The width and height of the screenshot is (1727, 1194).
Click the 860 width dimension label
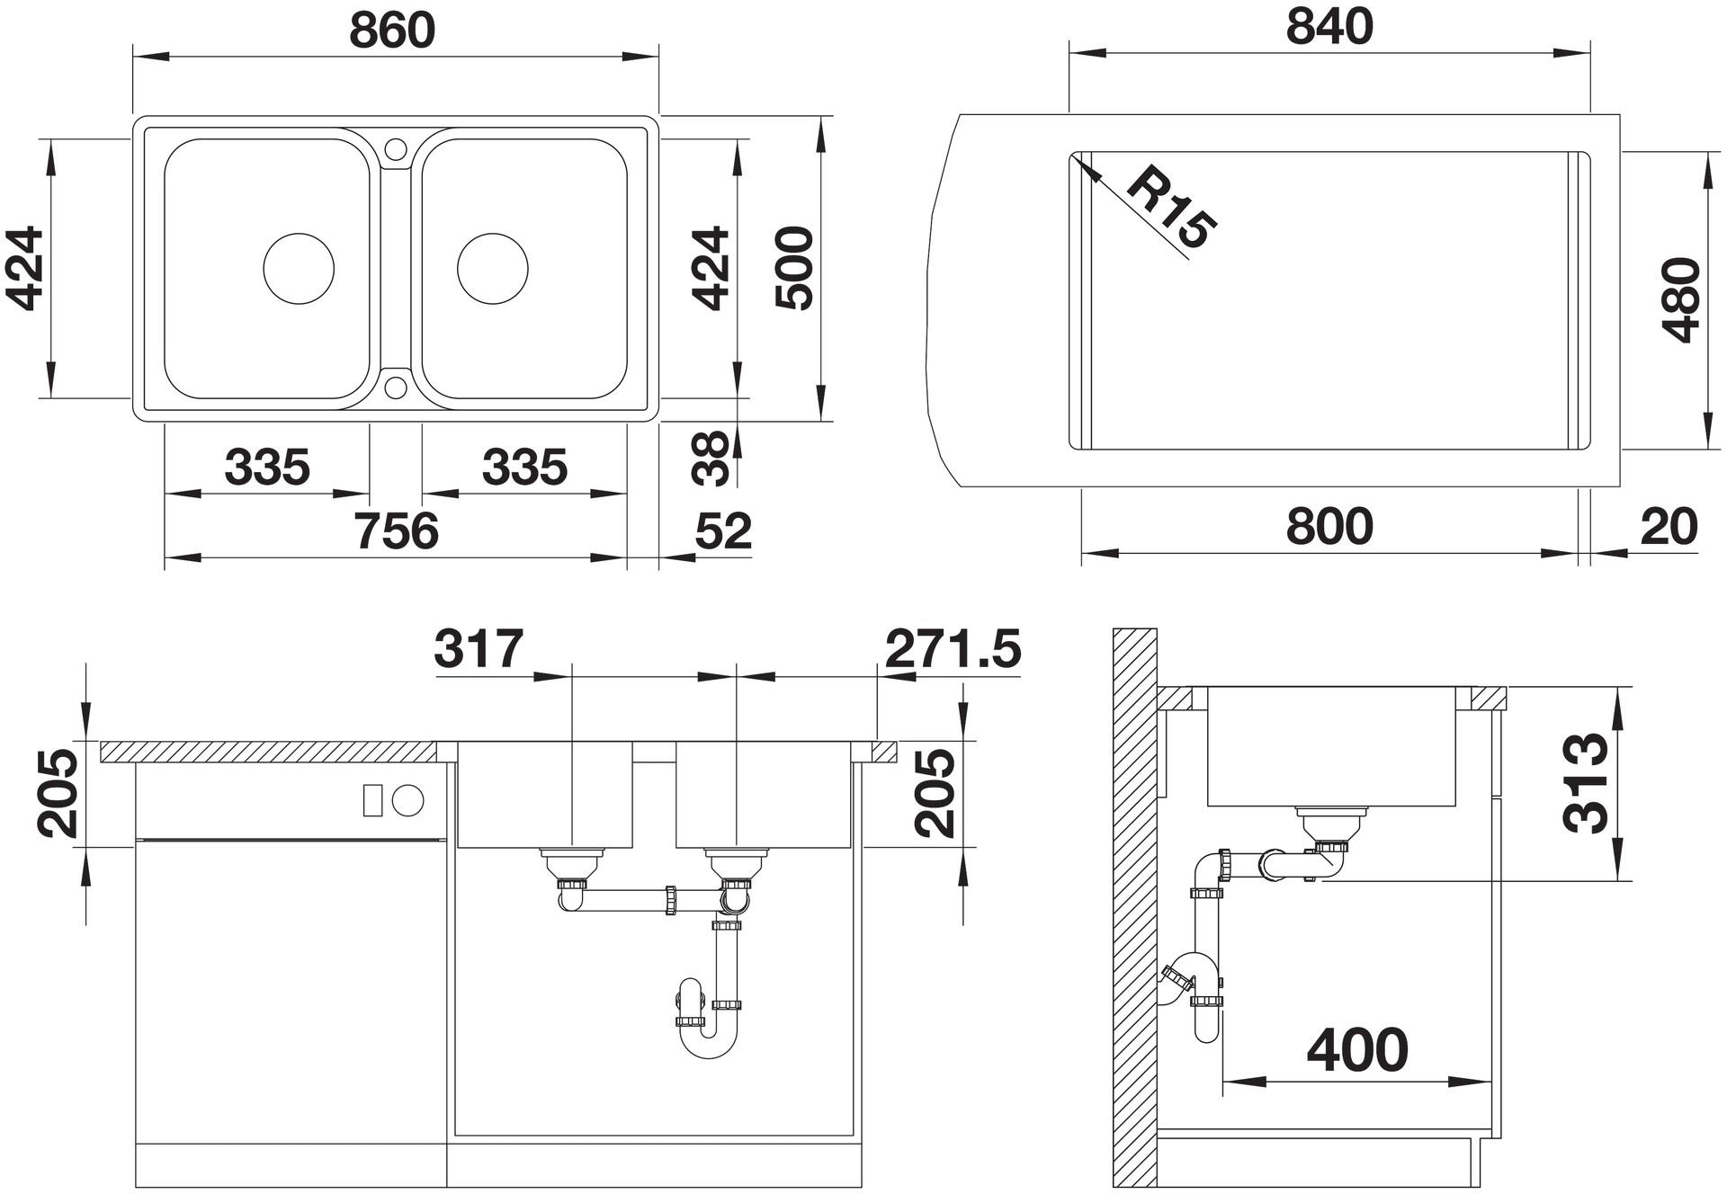[x=392, y=30]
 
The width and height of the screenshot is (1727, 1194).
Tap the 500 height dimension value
[x=795, y=268]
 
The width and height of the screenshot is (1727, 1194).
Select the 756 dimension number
[x=396, y=530]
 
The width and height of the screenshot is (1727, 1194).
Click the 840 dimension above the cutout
[x=1329, y=27]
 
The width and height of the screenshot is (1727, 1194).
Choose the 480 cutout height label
[x=1681, y=300]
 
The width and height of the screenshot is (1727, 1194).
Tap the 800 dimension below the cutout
[x=1329, y=526]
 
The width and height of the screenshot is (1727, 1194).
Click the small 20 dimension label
[x=1669, y=526]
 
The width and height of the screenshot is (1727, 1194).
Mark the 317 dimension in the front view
[x=479, y=648]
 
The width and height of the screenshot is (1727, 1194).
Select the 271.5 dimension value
[x=953, y=648]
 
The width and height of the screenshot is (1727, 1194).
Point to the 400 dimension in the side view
[x=1357, y=1049]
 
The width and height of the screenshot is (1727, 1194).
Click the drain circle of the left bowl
[x=299, y=269]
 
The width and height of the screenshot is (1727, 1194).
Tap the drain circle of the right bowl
[x=493, y=269]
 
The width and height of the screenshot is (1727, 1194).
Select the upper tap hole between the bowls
[x=396, y=149]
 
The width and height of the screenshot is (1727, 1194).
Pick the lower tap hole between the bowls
[x=396, y=388]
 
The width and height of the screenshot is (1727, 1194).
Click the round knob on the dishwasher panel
[x=408, y=800]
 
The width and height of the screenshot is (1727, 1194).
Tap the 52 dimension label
[x=723, y=531]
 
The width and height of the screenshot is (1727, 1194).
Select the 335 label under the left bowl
[x=267, y=468]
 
